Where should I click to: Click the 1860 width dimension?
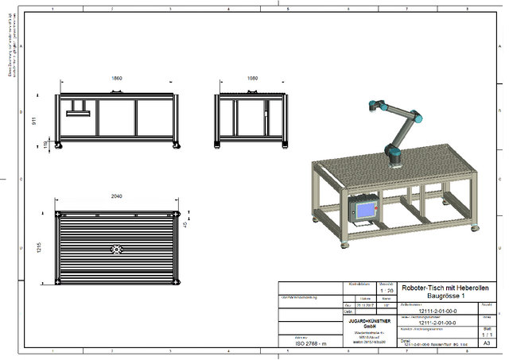click(116, 79)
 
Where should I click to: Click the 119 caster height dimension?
click(45, 144)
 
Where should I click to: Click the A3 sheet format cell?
click(487, 343)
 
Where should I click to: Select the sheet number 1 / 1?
click(487, 335)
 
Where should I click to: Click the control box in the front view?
click(78, 108)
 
